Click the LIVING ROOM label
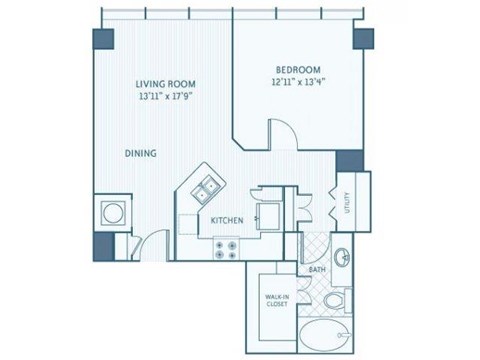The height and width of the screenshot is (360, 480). (165, 85)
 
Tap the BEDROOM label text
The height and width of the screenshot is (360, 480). (297, 70)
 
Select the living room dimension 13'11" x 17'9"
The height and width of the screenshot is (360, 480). (165, 98)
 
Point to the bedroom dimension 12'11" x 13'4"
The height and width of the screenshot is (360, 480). (297, 83)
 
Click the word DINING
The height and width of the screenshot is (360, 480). (139, 153)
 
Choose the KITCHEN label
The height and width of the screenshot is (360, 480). (226, 219)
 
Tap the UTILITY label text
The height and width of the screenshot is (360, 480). (347, 203)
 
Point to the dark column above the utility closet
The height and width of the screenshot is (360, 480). (349, 160)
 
